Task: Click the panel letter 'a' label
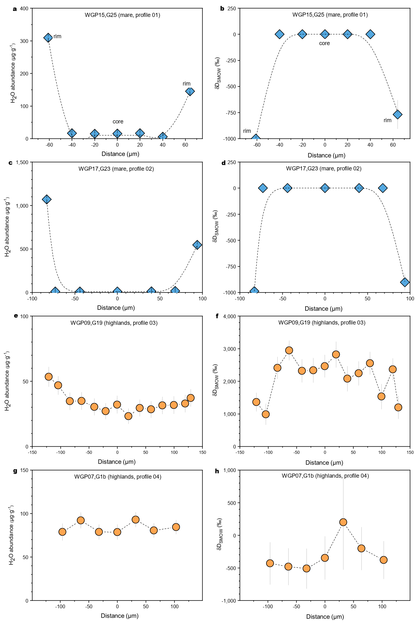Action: [15, 9]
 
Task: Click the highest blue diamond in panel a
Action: [48, 38]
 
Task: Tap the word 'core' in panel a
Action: [118, 122]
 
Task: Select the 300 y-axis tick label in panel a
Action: [24, 41]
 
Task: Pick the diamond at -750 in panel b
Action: [397, 115]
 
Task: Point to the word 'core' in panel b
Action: [324, 43]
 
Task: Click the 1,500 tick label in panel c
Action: [21, 162]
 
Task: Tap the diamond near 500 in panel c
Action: [197, 245]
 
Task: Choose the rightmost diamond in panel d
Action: [405, 282]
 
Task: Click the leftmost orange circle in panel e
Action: [48, 376]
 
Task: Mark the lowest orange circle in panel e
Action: [128, 416]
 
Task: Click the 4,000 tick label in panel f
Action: [230, 316]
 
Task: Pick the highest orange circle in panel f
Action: [289, 350]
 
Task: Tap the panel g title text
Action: [118, 477]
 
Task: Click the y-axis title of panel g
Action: [12, 535]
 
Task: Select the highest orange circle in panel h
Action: [343, 522]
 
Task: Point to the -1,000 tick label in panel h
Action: [229, 601]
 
